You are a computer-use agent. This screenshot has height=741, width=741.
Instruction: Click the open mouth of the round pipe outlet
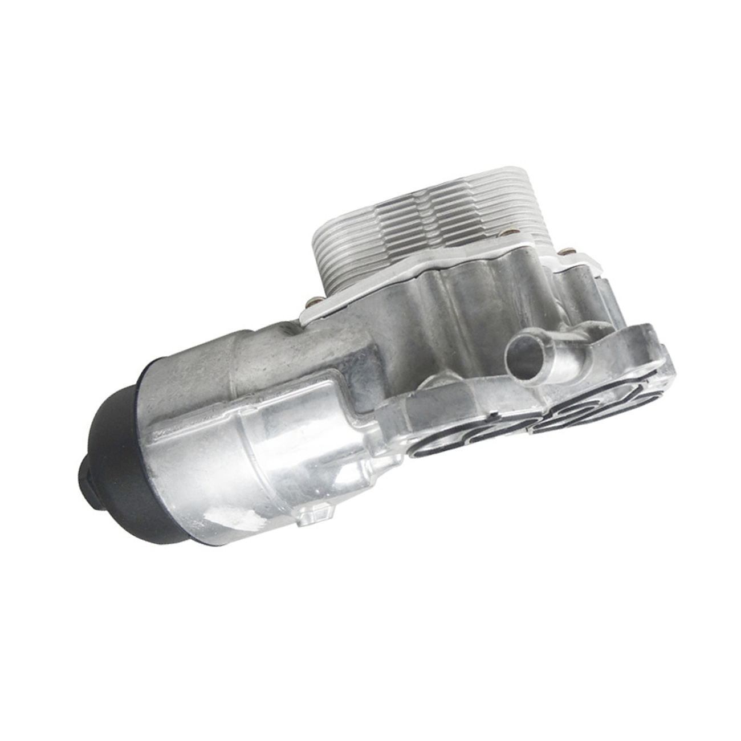(523, 354)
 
